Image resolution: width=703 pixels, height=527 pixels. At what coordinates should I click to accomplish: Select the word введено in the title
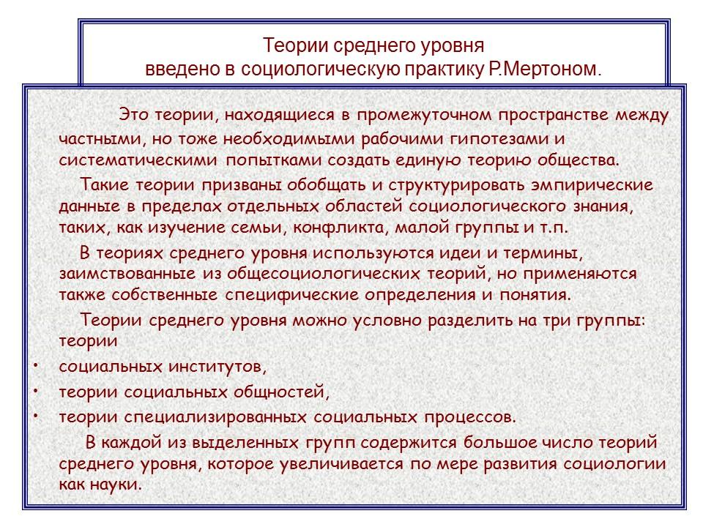[x=174, y=71]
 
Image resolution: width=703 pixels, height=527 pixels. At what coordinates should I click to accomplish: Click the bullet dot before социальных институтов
[x=35, y=364]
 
